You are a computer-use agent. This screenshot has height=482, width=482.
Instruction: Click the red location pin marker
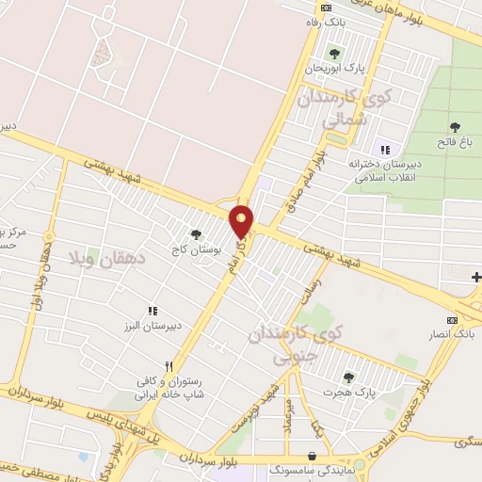pyautogui.click(x=242, y=220)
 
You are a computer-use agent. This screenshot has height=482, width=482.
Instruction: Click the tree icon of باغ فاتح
pyautogui.click(x=455, y=125)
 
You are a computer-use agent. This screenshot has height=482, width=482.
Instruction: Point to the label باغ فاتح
pyautogui.click(x=455, y=142)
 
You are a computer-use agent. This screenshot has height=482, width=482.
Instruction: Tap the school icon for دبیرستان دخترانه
pyautogui.click(x=383, y=149)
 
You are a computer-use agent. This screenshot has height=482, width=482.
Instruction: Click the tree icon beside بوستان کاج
pyautogui.click(x=196, y=234)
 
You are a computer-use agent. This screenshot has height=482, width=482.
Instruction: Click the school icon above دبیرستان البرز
pyautogui.click(x=151, y=311)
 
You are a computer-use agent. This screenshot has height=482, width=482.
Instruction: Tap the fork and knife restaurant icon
pyautogui.click(x=169, y=366)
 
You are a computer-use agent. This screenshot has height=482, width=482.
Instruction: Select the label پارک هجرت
pyautogui.click(x=349, y=392)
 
